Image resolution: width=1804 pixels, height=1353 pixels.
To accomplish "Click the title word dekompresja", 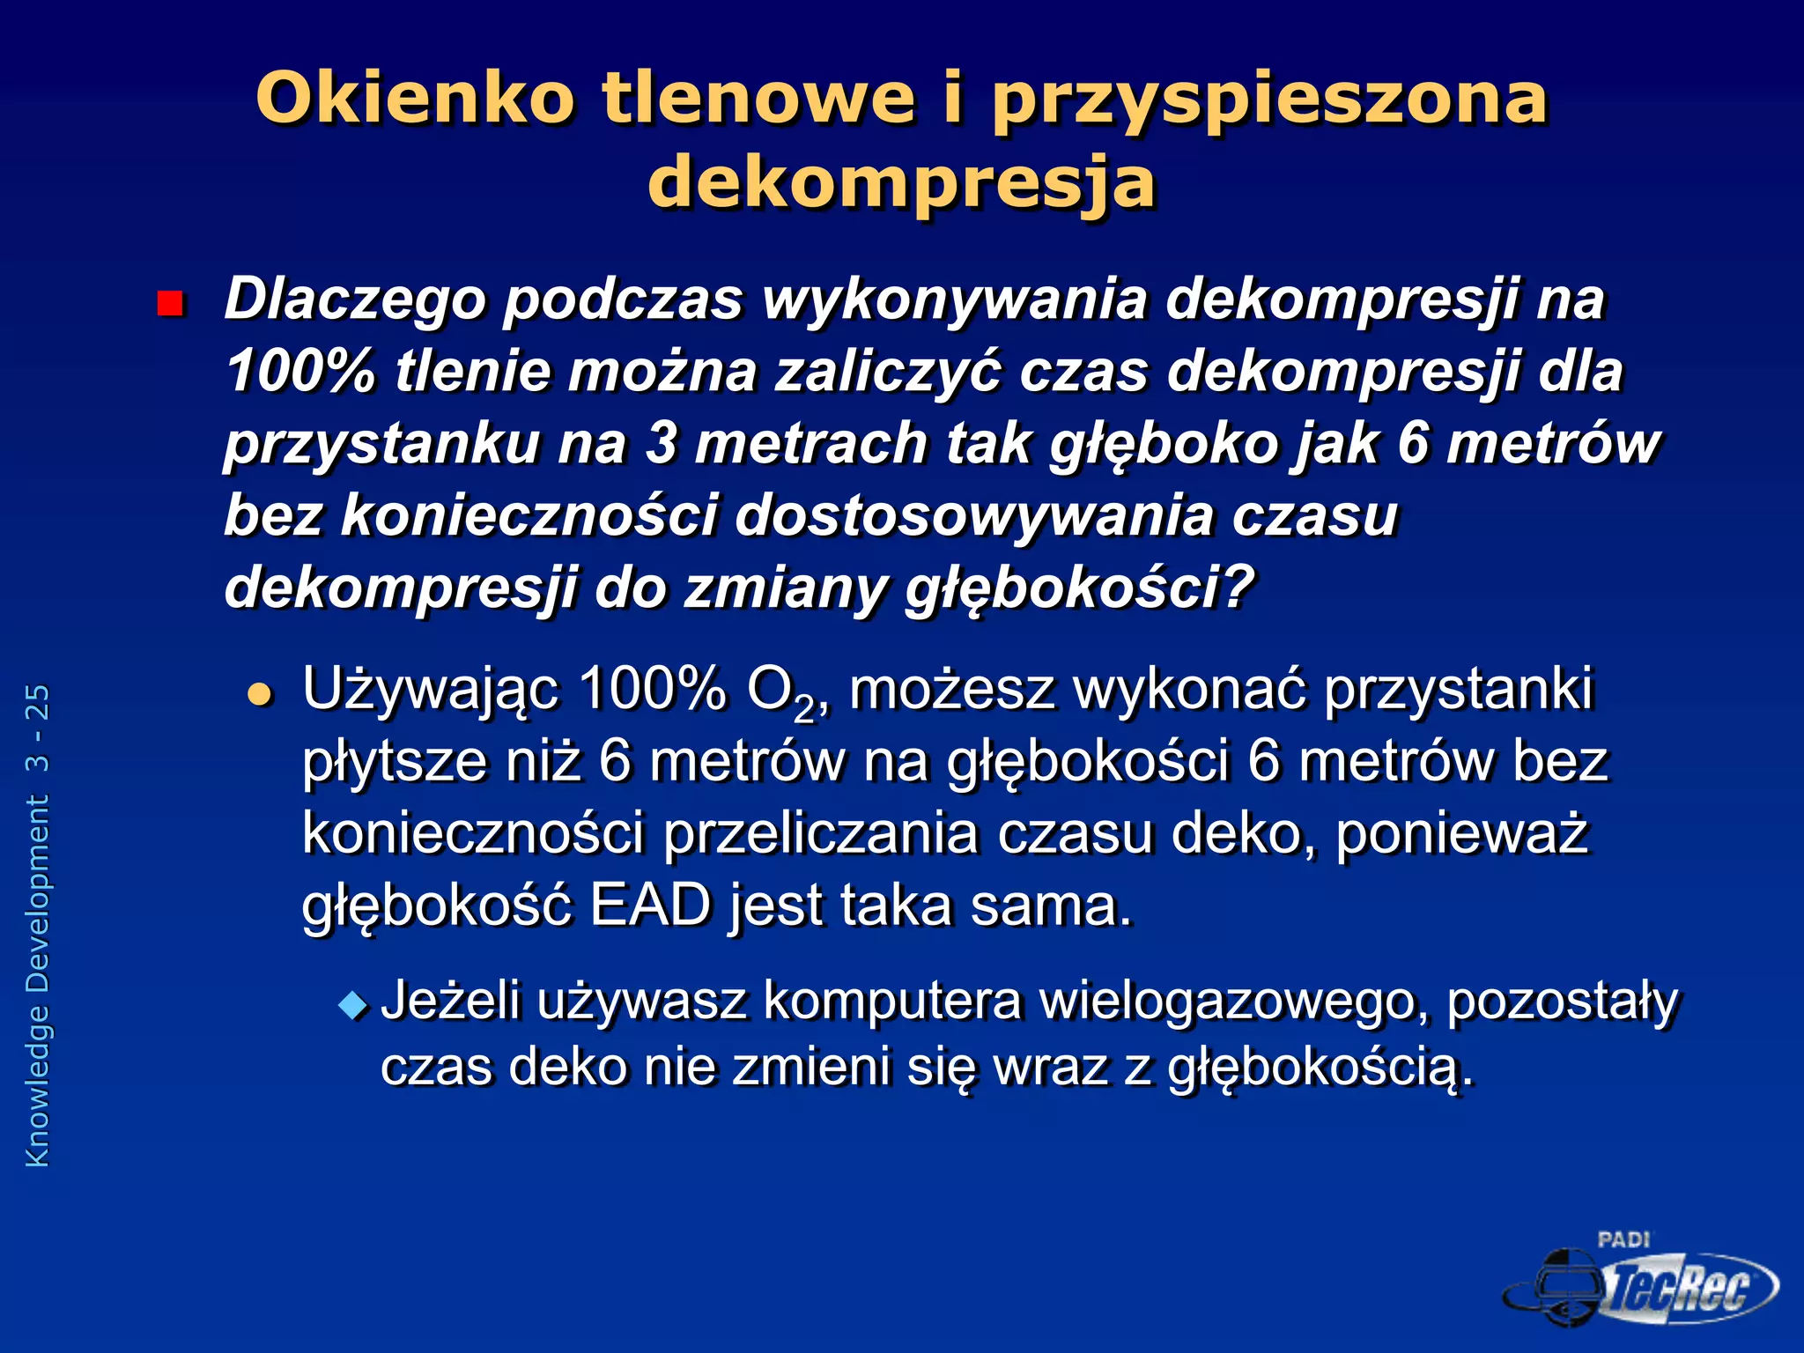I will click(901, 183).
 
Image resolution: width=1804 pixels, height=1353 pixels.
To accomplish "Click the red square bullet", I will click(169, 304).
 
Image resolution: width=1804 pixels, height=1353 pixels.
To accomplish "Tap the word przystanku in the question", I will click(381, 444).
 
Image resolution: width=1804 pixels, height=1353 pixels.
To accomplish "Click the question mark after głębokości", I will click(1238, 588).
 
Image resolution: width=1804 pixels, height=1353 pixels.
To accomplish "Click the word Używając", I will click(430, 690).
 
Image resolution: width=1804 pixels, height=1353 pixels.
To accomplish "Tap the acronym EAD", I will click(650, 906).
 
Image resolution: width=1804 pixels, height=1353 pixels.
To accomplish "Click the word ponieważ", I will click(1462, 833).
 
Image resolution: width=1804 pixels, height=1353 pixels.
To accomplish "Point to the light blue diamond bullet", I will click(353, 1005).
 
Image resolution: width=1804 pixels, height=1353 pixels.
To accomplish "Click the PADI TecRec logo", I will click(1640, 1282).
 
